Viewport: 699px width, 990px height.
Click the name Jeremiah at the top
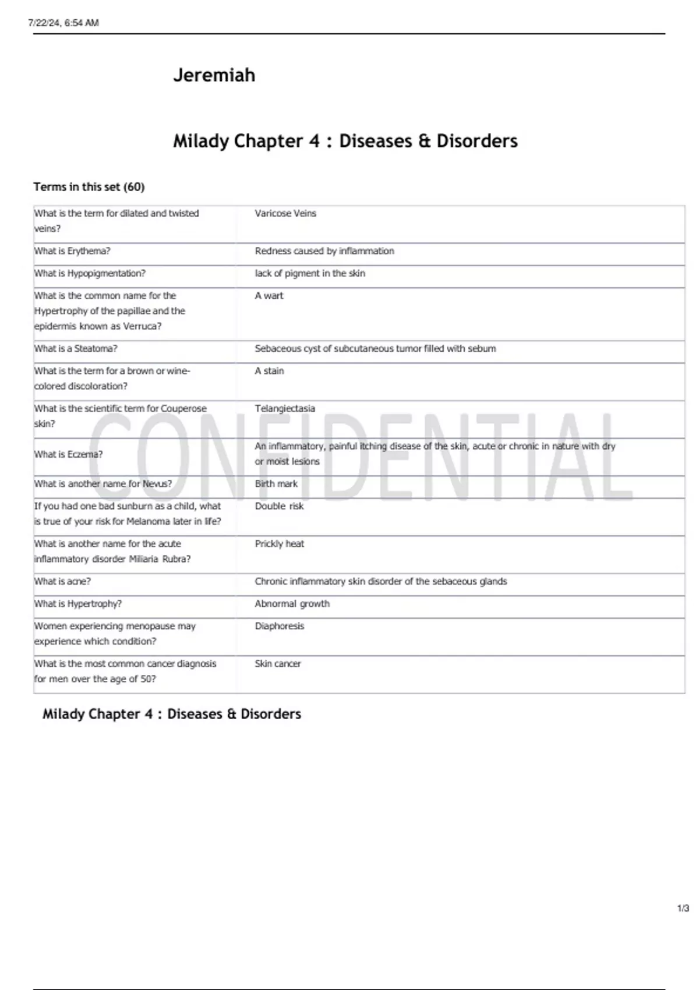click(214, 75)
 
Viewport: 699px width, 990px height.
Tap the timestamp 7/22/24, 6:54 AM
click(63, 23)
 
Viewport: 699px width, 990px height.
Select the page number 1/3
click(683, 908)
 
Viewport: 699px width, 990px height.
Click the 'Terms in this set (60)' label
click(89, 187)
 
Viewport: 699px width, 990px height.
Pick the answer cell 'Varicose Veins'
click(285, 214)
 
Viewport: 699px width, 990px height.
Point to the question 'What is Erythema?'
click(72, 251)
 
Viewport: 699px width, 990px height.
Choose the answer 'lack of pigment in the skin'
click(310, 273)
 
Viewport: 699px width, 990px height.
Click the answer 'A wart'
click(269, 296)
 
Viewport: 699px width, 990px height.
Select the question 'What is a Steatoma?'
click(76, 348)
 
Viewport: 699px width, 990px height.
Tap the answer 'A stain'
click(269, 371)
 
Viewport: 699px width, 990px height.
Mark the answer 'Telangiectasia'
click(285, 409)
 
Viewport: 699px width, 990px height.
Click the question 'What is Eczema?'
click(68, 454)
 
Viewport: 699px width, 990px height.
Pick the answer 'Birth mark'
click(276, 484)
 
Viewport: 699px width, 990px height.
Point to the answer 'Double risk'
click(279, 506)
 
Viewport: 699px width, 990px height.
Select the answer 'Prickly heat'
click(279, 544)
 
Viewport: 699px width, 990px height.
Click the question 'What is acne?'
click(62, 581)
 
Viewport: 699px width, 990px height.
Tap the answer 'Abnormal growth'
click(292, 604)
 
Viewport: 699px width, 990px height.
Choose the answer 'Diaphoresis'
click(279, 626)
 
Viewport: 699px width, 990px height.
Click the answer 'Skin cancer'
click(277, 664)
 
